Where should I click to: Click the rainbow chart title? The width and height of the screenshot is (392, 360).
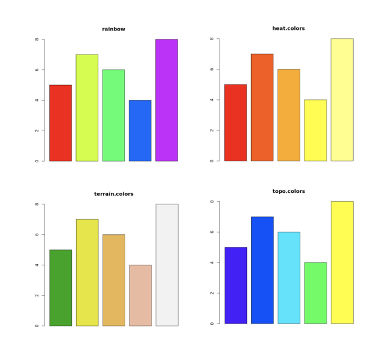click(x=113, y=29)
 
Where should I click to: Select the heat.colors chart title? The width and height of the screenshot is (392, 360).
click(x=288, y=28)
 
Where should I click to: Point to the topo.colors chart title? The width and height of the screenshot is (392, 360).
click(x=288, y=191)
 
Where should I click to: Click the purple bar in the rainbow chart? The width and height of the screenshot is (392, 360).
click(x=166, y=100)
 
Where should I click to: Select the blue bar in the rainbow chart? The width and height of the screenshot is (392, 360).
click(x=140, y=131)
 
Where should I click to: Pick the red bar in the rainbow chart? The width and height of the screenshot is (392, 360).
click(x=61, y=123)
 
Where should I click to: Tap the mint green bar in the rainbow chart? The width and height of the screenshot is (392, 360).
click(x=113, y=115)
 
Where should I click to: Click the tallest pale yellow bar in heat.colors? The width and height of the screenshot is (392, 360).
click(x=342, y=99)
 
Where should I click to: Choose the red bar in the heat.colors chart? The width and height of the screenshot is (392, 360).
click(x=236, y=122)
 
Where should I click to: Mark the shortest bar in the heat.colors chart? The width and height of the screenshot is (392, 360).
click(x=315, y=130)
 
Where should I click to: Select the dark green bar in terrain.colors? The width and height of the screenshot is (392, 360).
click(x=61, y=288)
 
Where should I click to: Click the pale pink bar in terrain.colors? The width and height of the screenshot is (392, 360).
click(x=140, y=295)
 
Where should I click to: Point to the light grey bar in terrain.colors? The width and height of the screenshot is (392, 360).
click(x=167, y=265)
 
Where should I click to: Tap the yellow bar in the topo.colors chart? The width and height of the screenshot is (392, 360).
click(x=342, y=262)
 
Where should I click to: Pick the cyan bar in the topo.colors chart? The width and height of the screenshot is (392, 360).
click(x=289, y=277)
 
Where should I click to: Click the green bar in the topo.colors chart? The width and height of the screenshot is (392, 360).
click(x=315, y=293)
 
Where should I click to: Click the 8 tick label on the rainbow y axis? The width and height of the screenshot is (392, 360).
click(x=37, y=40)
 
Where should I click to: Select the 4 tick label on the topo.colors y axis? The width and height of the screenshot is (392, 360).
click(x=212, y=262)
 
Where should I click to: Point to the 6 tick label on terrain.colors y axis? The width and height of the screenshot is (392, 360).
click(x=37, y=235)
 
